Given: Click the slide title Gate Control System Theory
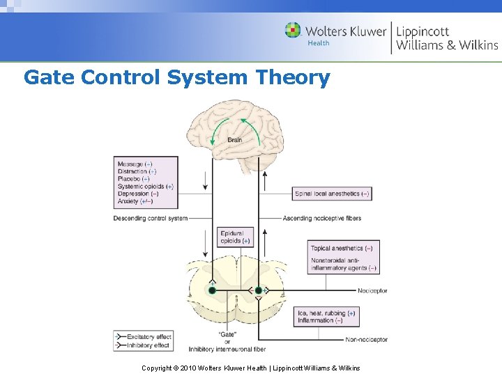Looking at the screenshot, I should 176,77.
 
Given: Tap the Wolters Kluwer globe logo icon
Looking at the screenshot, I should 293,31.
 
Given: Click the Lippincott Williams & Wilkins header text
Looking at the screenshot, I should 447,38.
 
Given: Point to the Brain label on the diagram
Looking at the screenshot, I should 235,140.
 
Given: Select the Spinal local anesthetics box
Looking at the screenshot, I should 332,194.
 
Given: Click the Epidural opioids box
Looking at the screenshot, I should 235,237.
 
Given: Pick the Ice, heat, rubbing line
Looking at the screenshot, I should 326,313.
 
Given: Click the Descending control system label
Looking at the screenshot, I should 150,218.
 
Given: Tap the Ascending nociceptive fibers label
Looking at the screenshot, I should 322,218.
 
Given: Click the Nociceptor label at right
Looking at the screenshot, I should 372,290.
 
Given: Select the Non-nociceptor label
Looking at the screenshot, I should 367,340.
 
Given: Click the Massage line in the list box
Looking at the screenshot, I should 135,164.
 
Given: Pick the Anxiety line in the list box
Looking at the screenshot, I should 135,201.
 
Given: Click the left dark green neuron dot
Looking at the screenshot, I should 212,290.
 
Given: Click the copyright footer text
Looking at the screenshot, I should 250,368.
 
